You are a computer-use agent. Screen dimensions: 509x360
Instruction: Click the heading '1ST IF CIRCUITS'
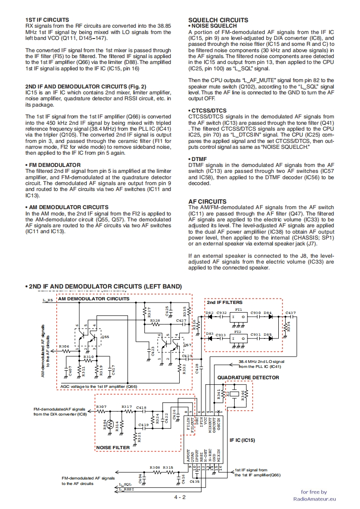coord(47,20)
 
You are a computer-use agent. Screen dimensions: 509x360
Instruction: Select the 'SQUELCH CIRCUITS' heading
coord(218,20)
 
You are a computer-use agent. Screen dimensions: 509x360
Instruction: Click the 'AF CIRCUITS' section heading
coord(207,201)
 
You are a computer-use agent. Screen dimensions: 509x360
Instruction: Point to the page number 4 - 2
coord(180,497)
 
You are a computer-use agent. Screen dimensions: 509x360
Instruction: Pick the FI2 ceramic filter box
coord(239,338)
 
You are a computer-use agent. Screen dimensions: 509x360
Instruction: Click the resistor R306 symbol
coord(64,350)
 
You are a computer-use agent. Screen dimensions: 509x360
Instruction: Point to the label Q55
coord(105,337)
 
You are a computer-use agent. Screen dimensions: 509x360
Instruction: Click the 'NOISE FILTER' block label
coord(113,447)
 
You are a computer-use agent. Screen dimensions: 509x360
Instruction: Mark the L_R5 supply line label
coord(48,300)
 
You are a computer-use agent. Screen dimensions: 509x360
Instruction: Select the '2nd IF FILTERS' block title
coord(224,302)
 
